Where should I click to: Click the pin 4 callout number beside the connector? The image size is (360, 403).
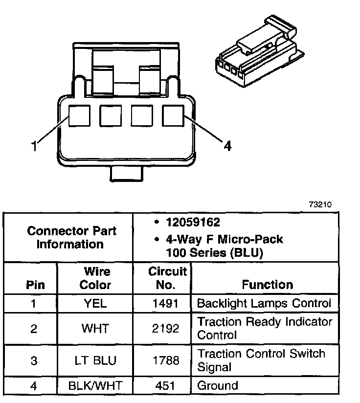tap(227, 146)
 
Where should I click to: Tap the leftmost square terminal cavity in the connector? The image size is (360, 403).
tap(79, 116)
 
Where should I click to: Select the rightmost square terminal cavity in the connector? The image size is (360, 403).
tap(173, 116)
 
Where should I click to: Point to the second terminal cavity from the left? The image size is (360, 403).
tap(110, 116)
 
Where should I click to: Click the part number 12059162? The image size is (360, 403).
tap(192, 223)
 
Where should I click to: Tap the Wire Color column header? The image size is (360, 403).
tap(95, 278)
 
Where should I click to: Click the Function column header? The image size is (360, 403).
tap(267, 285)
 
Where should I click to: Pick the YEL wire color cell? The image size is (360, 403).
tap(95, 304)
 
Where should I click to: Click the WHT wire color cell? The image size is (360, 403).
tap(95, 328)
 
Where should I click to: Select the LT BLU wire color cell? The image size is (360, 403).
tap(95, 360)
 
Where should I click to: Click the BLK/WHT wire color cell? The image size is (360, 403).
tap(95, 385)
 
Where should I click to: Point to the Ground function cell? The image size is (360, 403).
tap(217, 385)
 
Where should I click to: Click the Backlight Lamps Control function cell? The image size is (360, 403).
tap(264, 303)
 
